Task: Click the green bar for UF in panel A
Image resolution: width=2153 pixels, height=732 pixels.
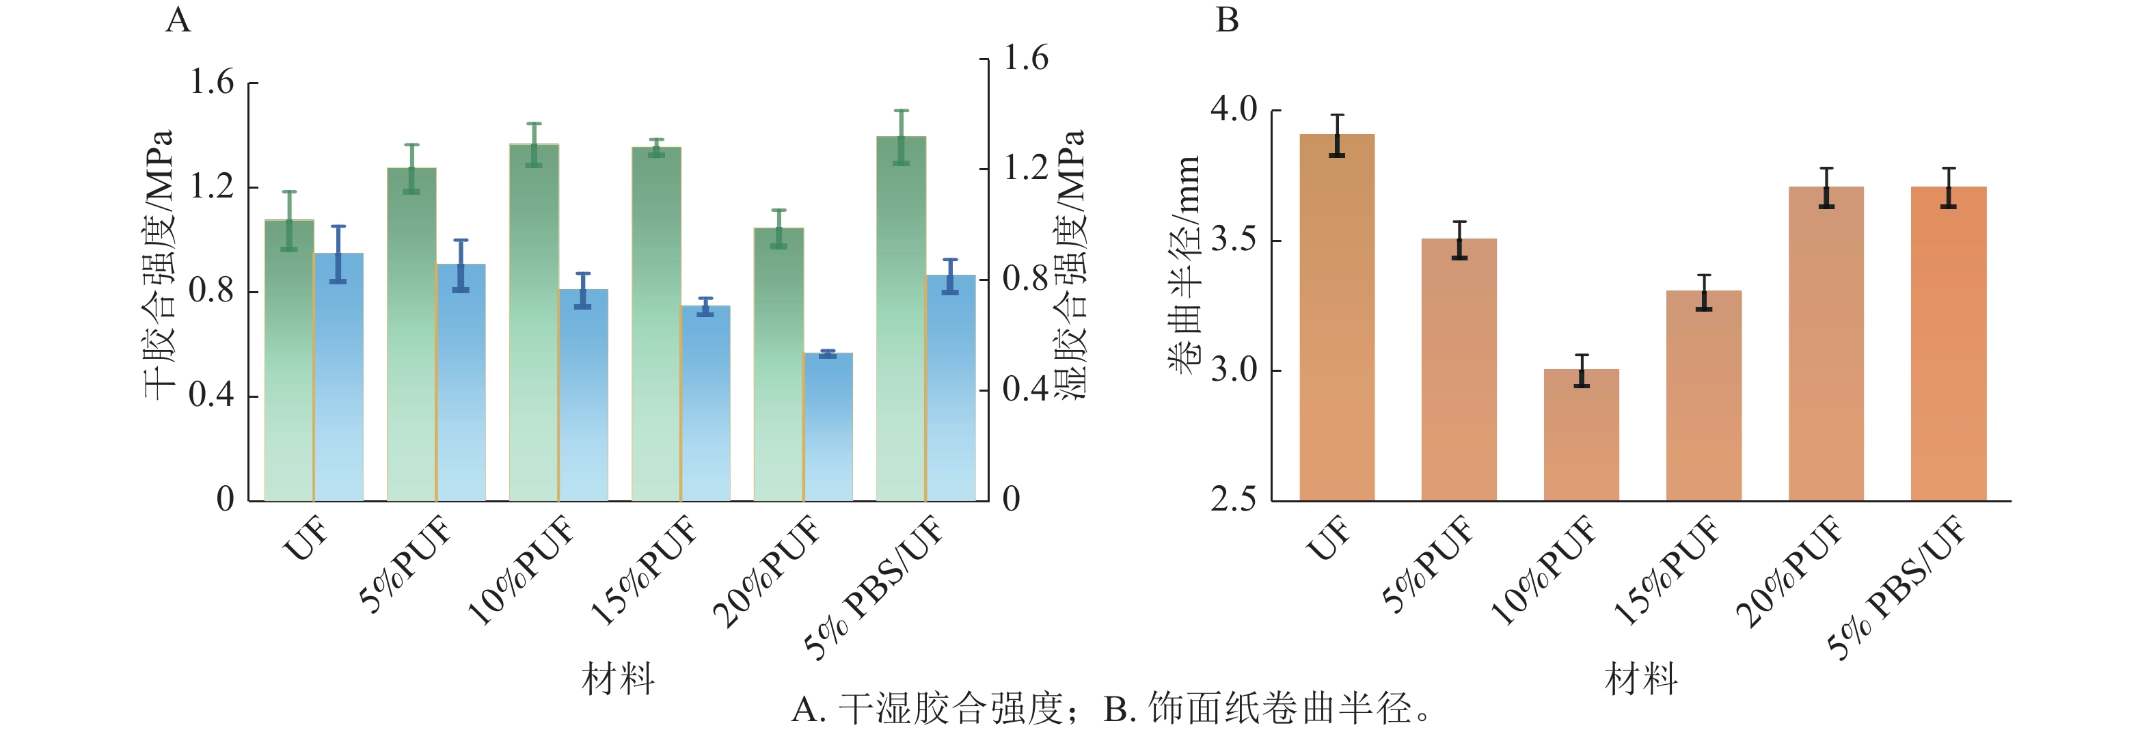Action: pos(289,360)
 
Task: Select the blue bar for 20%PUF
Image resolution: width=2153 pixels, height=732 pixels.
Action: pos(828,427)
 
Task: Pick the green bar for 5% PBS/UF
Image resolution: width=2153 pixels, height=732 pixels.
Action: pos(901,318)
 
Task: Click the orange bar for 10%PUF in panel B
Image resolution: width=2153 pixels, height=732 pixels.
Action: pos(1582,435)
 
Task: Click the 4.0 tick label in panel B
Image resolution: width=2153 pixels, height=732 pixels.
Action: pos(1234,109)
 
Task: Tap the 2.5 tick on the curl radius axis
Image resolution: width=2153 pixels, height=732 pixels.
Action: pos(1234,500)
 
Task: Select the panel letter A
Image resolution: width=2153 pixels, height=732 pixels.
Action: pos(178,19)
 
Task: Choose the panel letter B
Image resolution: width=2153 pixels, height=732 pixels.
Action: pos(1226,19)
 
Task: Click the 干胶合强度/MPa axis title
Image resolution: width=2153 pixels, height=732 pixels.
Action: pos(159,264)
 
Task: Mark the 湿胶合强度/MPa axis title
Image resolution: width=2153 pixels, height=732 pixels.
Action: pos(1069,264)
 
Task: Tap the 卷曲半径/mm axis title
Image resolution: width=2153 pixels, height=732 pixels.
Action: pos(1184,264)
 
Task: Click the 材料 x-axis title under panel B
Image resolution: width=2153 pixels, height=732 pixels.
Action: pos(1640,679)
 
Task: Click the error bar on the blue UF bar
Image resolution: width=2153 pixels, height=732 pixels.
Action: pos(338,254)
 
